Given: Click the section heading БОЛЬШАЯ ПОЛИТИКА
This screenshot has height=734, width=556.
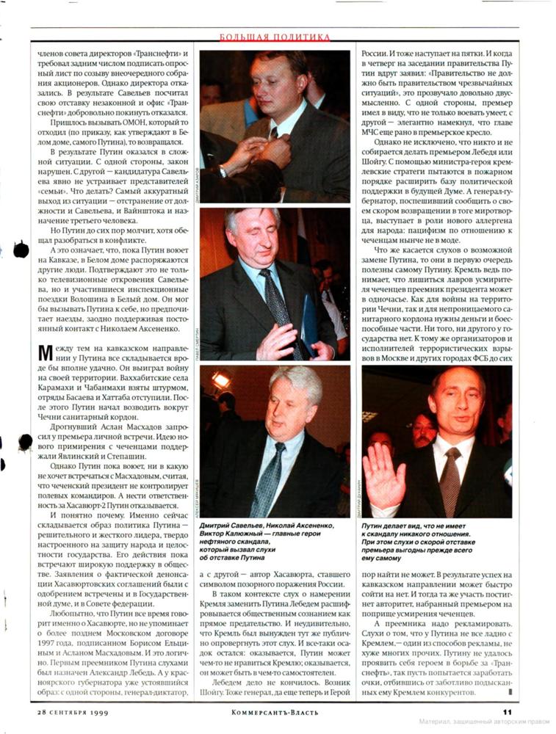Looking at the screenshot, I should point(275,36).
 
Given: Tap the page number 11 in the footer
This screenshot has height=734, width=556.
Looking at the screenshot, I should point(507,711).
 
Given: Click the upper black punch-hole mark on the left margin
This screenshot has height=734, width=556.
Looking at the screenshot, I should point(21,250).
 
